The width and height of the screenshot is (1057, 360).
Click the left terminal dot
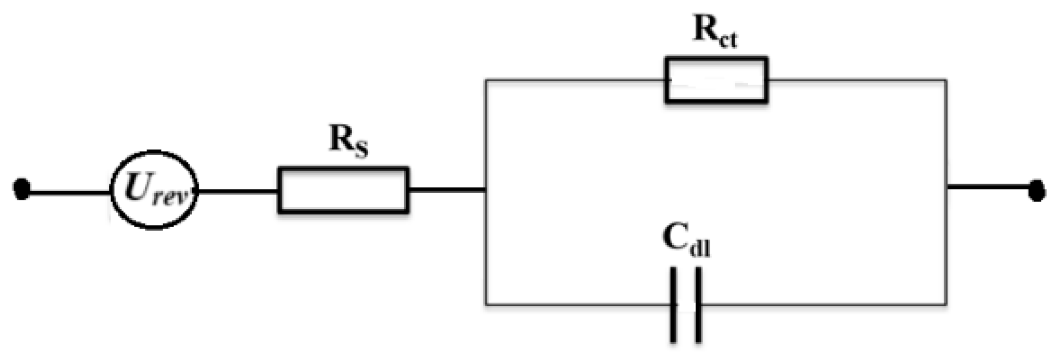(22, 189)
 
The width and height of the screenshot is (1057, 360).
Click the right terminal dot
(1036, 190)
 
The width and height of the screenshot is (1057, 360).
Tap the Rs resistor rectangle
(343, 191)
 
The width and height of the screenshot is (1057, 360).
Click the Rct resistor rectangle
(716, 80)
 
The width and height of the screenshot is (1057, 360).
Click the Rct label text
(715, 30)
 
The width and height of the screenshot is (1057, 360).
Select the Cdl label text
(685, 240)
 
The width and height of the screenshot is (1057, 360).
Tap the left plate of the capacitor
(673, 305)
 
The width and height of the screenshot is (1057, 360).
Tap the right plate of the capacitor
(698, 305)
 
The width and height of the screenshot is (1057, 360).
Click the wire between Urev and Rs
(238, 191)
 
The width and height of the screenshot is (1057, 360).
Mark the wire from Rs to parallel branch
(447, 189)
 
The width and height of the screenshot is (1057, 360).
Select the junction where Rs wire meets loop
(486, 189)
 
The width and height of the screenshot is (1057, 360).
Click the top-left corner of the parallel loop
(486, 80)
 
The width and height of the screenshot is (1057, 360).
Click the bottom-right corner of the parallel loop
(945, 304)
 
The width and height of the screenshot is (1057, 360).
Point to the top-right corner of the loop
(945, 80)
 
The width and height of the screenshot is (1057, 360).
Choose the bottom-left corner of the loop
(486, 304)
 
